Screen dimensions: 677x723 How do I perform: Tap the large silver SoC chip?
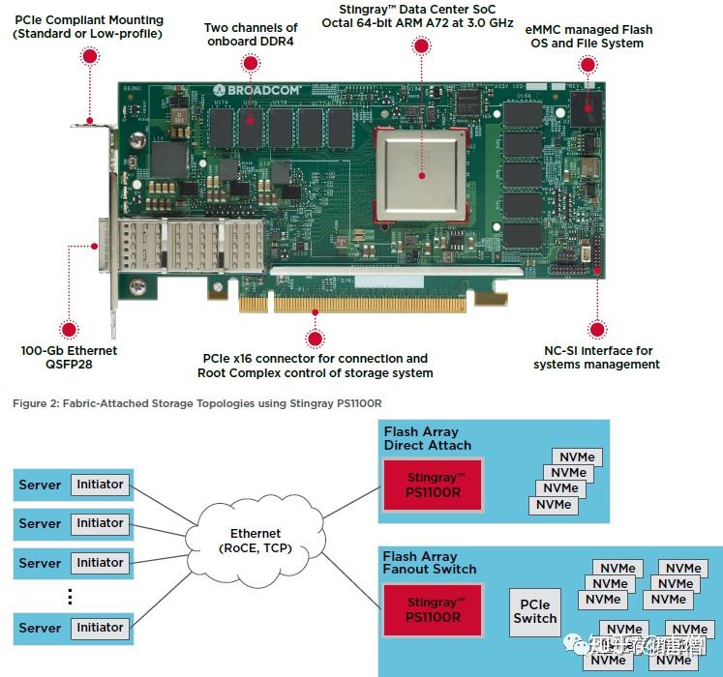(421, 173)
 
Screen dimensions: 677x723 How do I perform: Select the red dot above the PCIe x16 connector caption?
(314, 338)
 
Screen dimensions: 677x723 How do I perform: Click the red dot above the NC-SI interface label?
(597, 329)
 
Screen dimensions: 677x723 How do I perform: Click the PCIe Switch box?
(535, 611)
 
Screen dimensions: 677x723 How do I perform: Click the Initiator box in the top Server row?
(100, 485)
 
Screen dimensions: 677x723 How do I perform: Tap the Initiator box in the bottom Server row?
(100, 628)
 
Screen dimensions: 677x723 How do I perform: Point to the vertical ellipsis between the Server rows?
(70, 596)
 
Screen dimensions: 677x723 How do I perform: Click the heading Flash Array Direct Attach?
(427, 438)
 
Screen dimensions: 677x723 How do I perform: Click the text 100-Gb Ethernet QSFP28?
(69, 357)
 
